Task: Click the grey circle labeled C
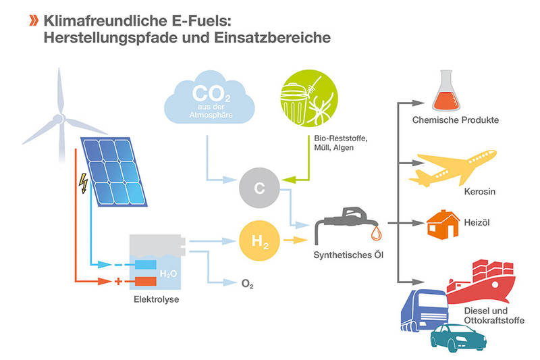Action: point(259,188)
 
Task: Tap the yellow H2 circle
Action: point(259,240)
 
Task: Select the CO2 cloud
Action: point(210,98)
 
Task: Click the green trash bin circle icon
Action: point(309,98)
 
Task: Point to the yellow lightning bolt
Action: point(83,183)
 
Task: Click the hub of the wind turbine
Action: point(59,119)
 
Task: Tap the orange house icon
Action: point(443,224)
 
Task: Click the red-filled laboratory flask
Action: point(446,91)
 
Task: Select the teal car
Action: point(458,337)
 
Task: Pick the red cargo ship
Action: point(482,282)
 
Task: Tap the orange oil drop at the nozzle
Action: point(376,233)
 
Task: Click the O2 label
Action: point(248,284)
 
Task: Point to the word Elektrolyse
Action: point(157,299)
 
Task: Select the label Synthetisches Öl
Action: point(348,255)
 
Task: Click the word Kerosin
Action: point(480,192)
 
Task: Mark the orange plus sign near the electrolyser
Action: point(118,282)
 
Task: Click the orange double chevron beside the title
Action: point(34,21)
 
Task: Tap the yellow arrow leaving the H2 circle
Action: point(295,240)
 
